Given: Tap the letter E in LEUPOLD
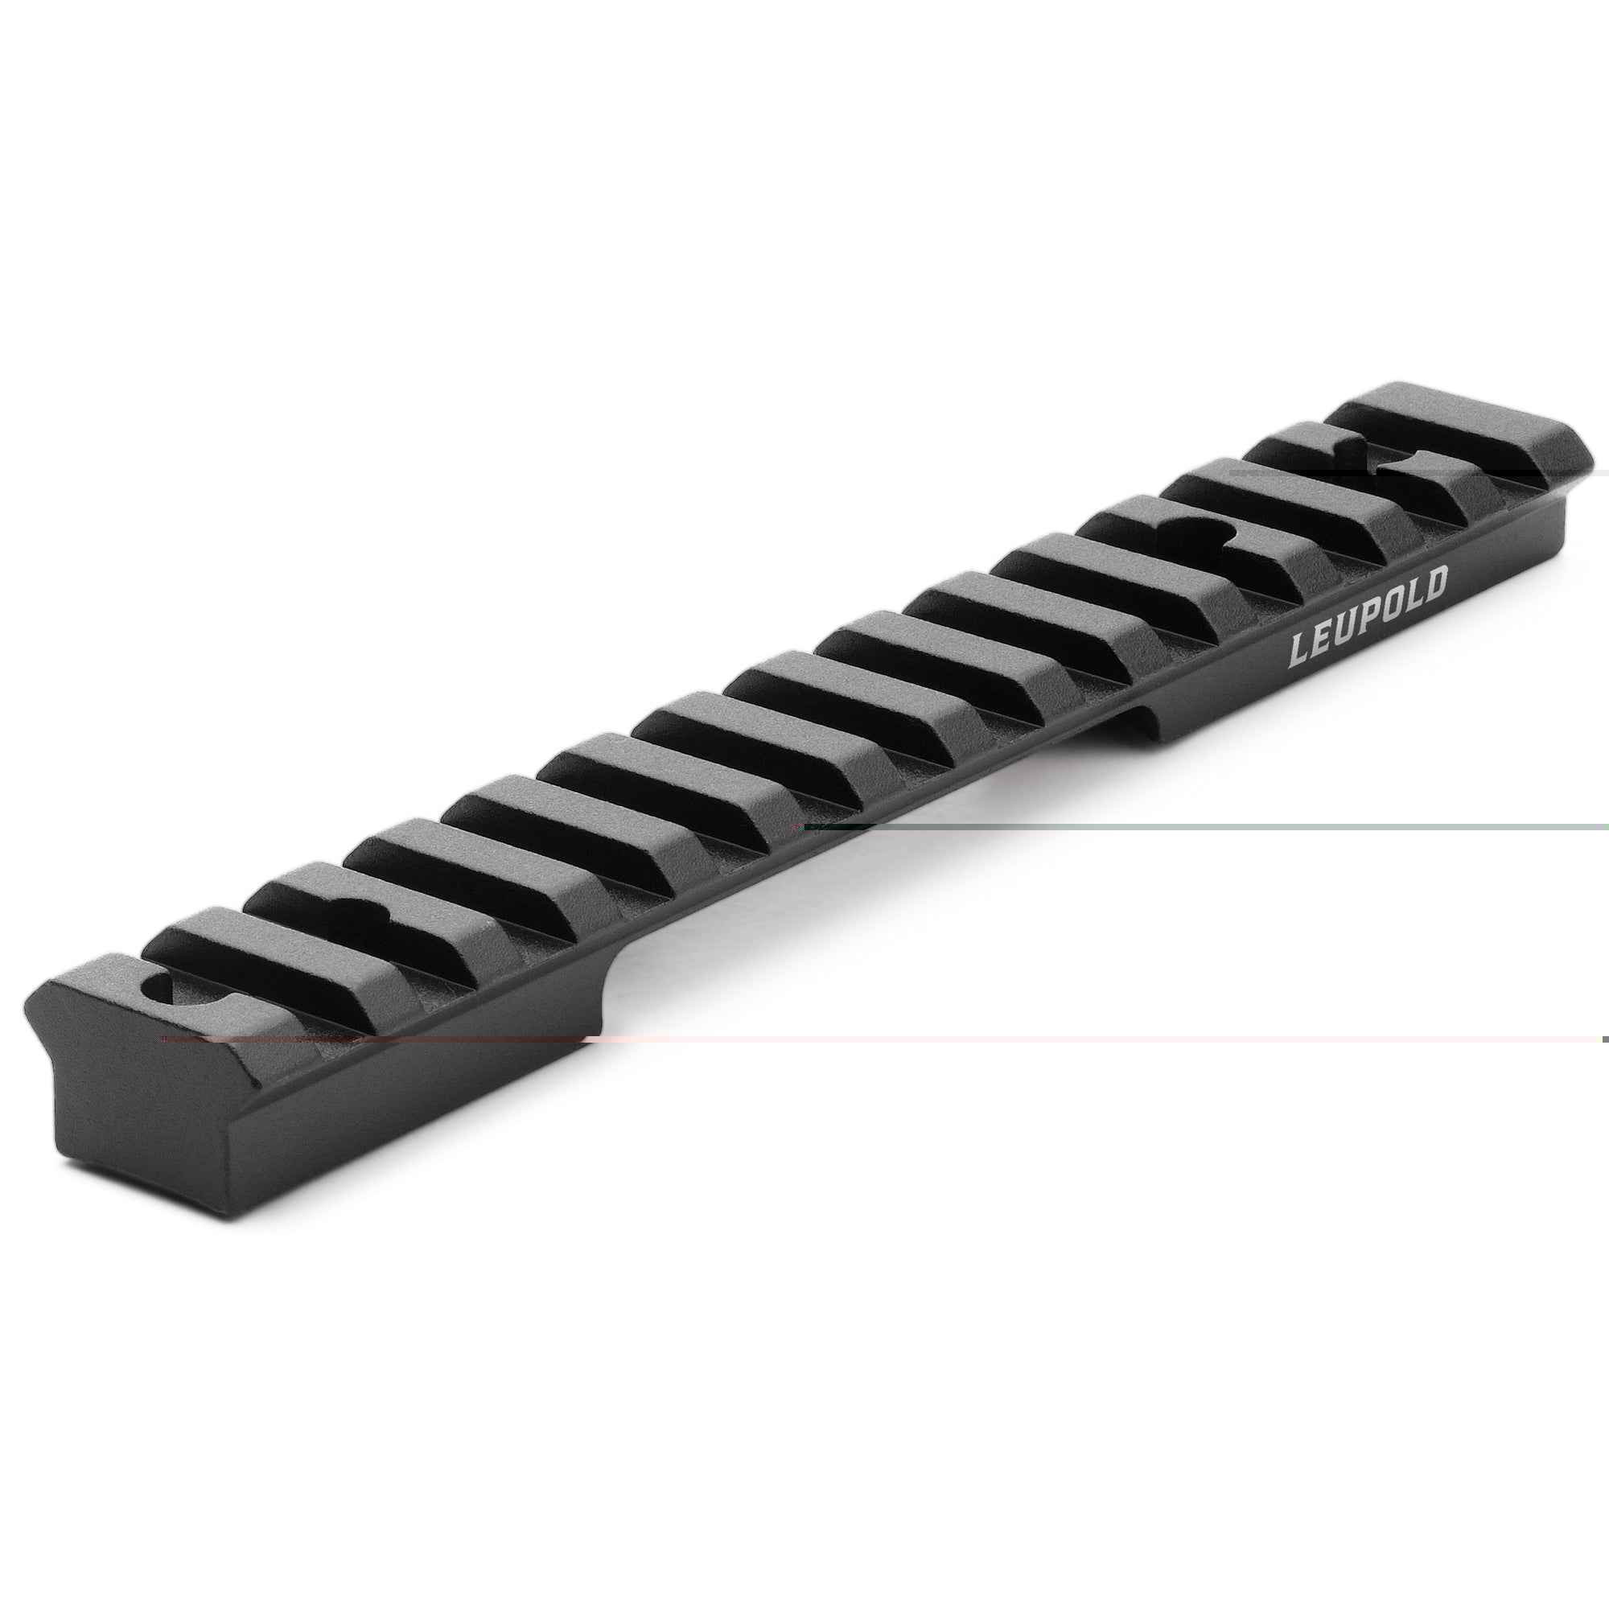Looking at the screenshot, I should pos(1324,640).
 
